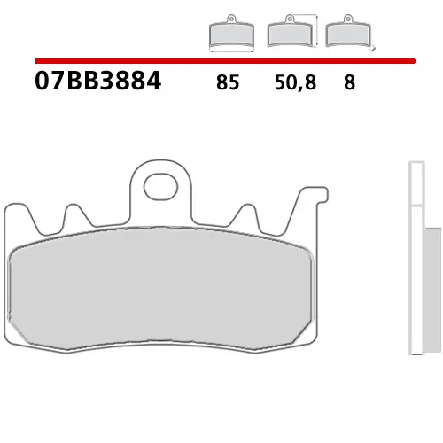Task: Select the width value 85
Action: click(227, 85)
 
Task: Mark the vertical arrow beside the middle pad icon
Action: click(315, 28)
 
